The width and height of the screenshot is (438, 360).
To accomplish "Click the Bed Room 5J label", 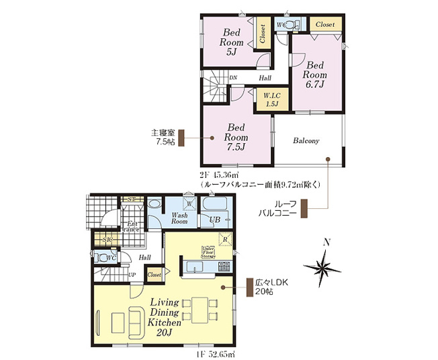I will click(232, 41).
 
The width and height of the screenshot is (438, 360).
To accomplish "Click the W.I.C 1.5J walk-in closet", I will click(271, 100).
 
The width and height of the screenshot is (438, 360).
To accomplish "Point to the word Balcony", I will click(306, 140).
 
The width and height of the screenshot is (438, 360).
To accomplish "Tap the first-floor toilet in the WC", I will click(104, 258).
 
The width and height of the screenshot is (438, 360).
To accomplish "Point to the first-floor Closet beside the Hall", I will click(154, 274).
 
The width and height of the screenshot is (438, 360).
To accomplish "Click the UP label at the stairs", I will click(132, 275).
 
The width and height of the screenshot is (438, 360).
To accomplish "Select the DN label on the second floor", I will click(232, 78).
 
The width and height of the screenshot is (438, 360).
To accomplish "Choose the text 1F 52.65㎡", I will click(215, 353).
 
